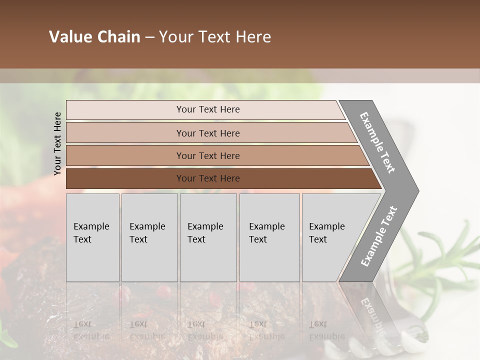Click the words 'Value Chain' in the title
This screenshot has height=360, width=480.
[94, 37]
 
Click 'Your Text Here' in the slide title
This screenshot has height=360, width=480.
[215, 37]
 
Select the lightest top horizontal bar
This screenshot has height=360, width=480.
[125, 110]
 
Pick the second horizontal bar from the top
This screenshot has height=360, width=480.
[125, 133]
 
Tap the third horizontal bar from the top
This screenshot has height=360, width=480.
[125, 155]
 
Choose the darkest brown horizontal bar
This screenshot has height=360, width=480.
[125, 178]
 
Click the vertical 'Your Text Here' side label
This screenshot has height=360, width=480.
[57, 143]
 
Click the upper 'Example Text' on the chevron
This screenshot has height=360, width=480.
[377, 142]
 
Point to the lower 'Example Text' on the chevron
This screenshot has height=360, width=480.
[378, 236]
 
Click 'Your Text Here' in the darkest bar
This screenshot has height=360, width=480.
[208, 178]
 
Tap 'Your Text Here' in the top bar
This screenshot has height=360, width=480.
[208, 109]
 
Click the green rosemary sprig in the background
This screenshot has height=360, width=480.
[440, 260]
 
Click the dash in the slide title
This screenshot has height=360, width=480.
[149, 37]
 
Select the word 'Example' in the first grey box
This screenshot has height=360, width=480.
[91, 226]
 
